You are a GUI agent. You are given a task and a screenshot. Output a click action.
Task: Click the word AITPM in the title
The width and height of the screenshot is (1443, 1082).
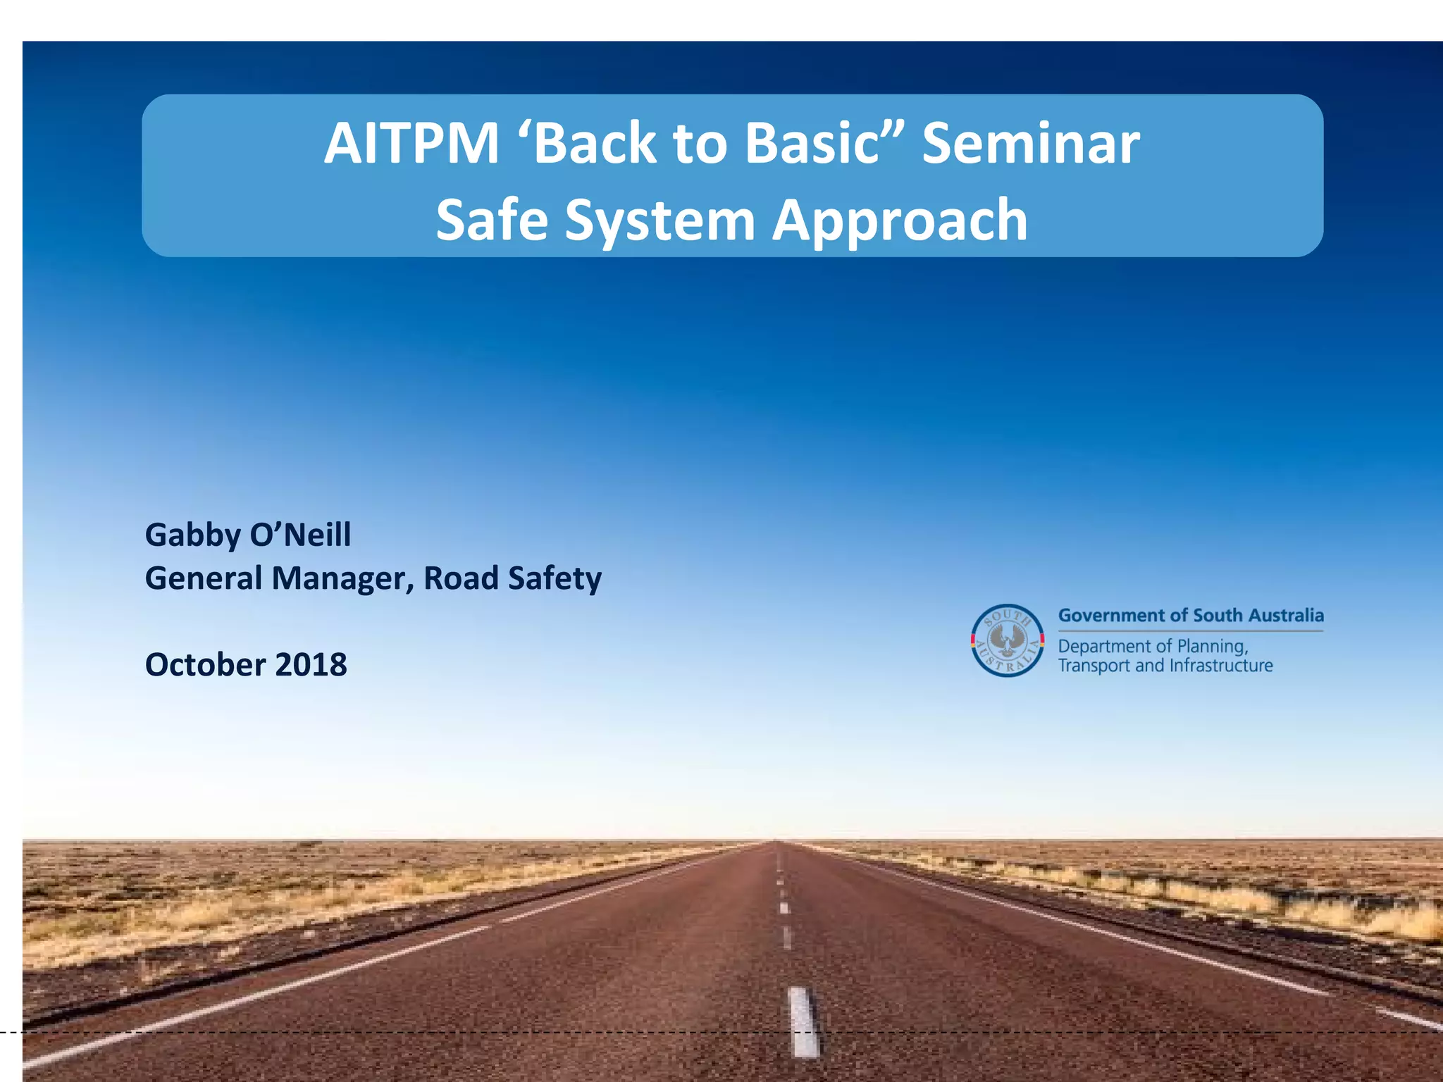click(411, 143)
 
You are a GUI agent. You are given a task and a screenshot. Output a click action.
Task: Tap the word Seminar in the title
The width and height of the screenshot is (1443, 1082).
click(1031, 143)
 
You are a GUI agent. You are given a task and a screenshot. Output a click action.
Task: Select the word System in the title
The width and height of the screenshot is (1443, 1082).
click(660, 220)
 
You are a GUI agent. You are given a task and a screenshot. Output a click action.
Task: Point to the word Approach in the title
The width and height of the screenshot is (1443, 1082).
click(900, 221)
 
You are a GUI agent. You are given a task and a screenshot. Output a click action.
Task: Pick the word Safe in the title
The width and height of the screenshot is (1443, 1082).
click(492, 220)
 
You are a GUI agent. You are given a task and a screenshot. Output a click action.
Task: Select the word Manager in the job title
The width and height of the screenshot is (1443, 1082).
click(342, 578)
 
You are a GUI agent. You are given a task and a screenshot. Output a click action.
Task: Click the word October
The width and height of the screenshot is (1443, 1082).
click(205, 665)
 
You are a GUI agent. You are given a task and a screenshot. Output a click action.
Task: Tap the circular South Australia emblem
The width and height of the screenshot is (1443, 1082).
click(1008, 640)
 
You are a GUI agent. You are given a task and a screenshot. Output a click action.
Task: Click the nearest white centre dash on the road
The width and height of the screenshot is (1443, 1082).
click(803, 1022)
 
